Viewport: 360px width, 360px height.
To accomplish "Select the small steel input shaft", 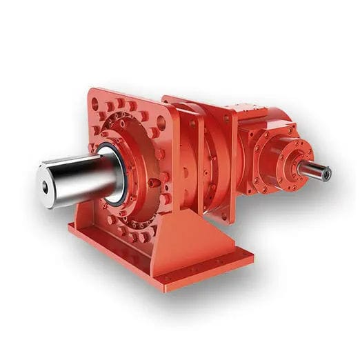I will (x=315, y=170).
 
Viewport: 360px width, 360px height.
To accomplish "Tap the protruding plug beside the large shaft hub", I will (x=154, y=183).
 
